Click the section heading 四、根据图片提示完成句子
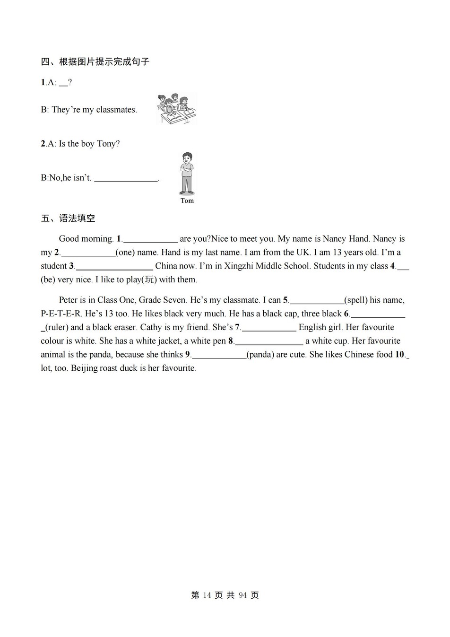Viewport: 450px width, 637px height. point(95,61)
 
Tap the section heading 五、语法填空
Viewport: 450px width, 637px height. point(68,218)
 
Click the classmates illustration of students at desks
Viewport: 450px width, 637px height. point(176,109)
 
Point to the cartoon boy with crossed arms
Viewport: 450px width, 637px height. point(187,173)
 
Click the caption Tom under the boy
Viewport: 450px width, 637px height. point(187,201)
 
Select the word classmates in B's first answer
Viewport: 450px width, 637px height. point(116,110)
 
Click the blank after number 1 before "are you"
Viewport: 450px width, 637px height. point(150,239)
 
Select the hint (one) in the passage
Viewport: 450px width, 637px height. point(125,253)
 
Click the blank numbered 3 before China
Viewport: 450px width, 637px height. point(114,266)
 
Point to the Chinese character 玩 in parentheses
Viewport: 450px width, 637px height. point(149,279)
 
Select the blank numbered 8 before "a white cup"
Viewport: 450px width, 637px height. point(269,341)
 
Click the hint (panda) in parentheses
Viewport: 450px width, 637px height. point(260,355)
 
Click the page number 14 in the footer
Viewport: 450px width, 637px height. point(207,595)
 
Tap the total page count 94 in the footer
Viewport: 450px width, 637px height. point(243,595)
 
